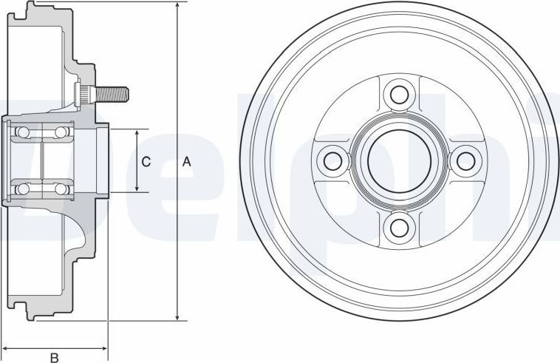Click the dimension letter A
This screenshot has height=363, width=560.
pos(187,161)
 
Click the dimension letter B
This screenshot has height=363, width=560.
pos(54,358)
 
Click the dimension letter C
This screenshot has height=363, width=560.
pos(146,161)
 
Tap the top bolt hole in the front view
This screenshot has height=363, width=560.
pos(399,95)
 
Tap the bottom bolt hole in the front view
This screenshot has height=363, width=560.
pos(399,225)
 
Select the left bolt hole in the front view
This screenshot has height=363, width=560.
pos(334,160)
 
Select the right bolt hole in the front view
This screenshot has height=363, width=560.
pos(465,160)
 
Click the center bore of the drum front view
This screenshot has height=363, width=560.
pos(399,160)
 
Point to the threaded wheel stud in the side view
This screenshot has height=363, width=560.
pos(111,94)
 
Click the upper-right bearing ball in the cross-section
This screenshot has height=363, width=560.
pos(59,132)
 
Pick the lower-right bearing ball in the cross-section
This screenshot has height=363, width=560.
pos(59,189)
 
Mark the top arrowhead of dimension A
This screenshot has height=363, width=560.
pos(177,7)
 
